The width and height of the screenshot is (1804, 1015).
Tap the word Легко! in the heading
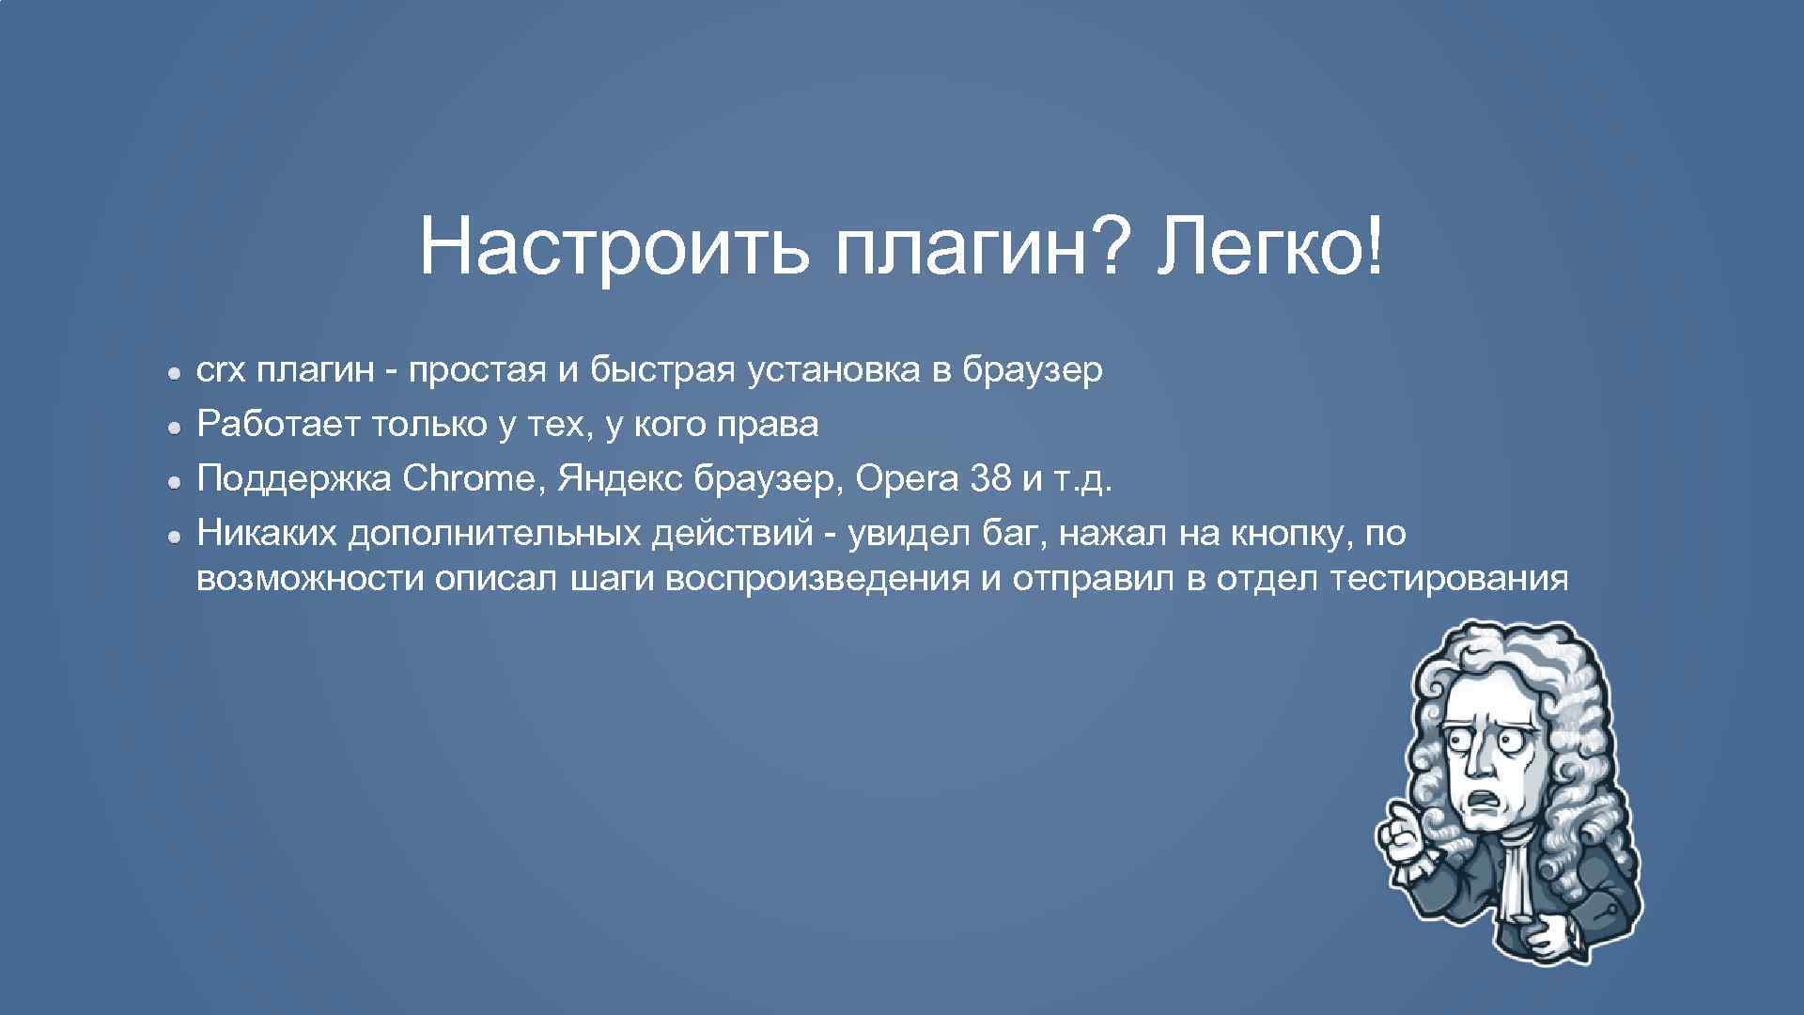coord(1270,246)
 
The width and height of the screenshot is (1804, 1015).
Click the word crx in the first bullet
coord(220,372)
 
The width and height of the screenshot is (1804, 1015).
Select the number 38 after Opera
coord(992,479)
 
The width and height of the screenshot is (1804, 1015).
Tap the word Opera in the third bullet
coord(908,481)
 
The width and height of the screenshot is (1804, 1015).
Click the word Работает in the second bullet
coord(277,426)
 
